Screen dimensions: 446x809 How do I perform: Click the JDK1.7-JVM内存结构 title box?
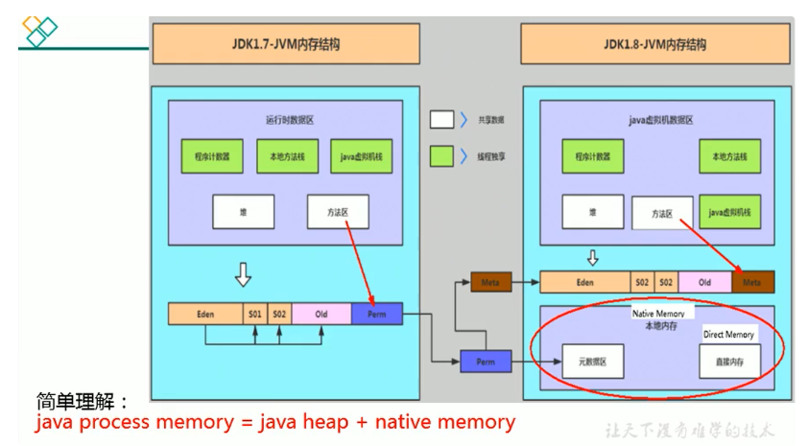285,44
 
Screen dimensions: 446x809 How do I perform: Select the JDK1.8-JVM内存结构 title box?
655,44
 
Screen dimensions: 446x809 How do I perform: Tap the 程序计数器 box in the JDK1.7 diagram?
212,156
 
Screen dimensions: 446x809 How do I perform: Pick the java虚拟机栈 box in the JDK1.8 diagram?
730,211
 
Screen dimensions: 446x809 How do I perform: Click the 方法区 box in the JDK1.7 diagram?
338,212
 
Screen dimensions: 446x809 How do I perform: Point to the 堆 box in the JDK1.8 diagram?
592,211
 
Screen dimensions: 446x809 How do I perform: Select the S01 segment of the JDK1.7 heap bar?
255,314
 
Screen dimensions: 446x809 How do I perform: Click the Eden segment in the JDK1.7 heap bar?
206,314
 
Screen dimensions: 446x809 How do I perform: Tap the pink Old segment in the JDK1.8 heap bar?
704,282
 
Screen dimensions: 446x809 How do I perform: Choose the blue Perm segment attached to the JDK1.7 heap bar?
376,314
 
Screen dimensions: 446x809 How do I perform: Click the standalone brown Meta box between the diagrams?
491,282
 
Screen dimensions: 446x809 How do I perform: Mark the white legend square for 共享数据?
441,120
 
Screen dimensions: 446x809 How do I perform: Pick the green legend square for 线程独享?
441,154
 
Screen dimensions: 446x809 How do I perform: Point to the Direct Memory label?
728,334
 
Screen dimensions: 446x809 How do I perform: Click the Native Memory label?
658,314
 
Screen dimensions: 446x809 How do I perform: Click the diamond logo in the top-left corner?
39,31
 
